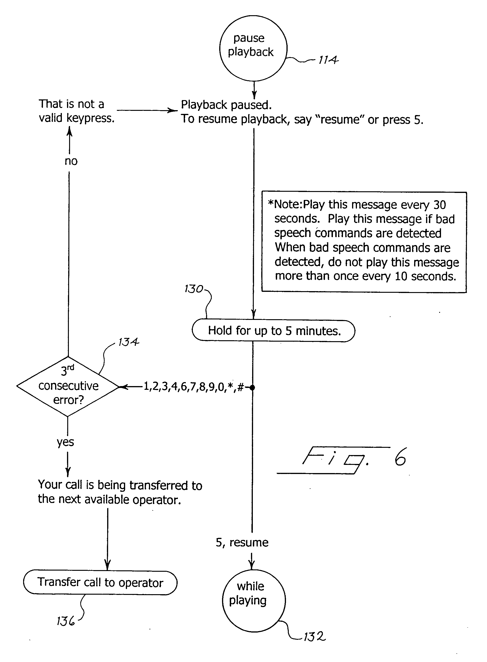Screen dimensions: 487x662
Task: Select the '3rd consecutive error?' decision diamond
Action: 68,387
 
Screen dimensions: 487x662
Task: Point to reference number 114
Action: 328,60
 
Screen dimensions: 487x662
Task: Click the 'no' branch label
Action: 71,161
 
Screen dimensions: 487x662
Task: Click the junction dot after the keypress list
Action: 252,387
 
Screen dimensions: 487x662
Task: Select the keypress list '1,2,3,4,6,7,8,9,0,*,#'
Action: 194,387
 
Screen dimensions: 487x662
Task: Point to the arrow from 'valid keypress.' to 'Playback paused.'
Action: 147,110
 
